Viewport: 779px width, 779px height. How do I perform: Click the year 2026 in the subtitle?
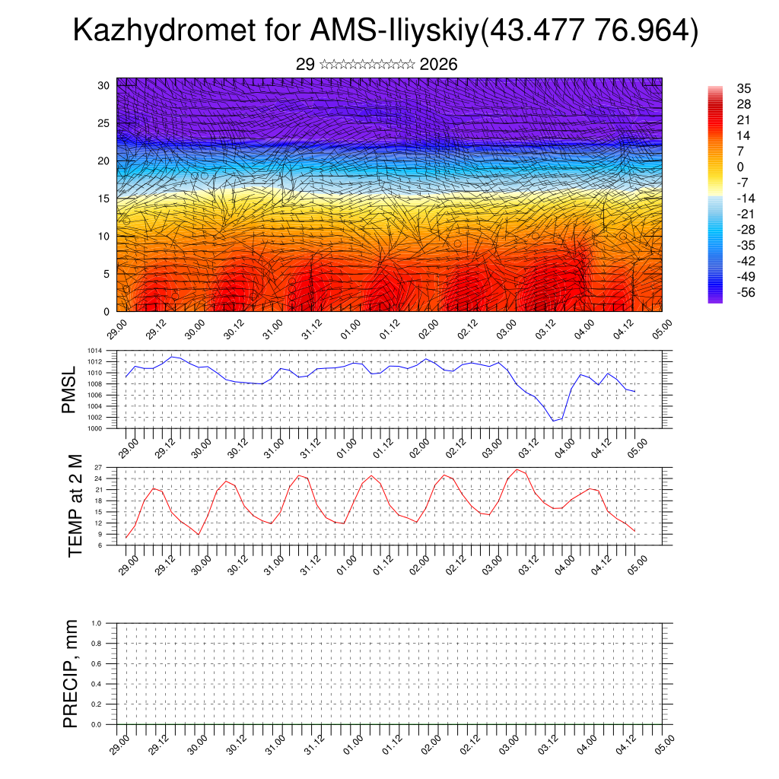tap(438, 65)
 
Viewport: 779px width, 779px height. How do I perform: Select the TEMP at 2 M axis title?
tap(75, 505)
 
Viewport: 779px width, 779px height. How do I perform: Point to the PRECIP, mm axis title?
tap(71, 673)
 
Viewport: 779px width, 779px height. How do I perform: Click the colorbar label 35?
tap(744, 89)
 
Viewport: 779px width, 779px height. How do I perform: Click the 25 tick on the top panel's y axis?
tap(105, 123)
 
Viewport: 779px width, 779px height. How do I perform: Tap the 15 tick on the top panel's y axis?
tap(105, 199)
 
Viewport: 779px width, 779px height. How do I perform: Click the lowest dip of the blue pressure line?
tap(554, 421)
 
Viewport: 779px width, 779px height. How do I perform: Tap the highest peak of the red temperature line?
tap(517, 469)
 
